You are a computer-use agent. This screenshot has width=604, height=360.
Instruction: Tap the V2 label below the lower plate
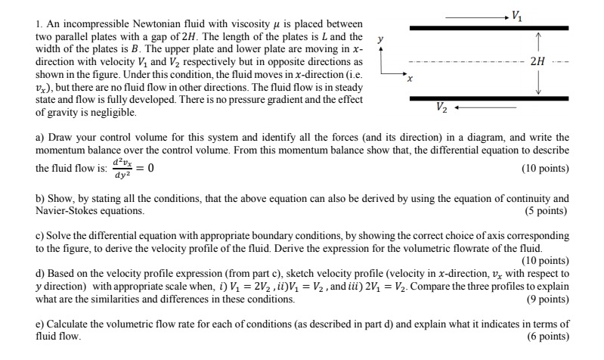click(441, 108)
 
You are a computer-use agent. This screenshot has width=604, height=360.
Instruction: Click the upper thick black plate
click(488, 27)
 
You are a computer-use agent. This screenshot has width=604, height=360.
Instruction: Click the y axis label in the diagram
click(381, 36)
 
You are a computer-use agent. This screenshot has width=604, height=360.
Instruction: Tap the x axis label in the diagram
click(410, 78)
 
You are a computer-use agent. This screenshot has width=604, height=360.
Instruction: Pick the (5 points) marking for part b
click(547, 210)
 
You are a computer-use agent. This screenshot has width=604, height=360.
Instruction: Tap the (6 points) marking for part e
click(547, 335)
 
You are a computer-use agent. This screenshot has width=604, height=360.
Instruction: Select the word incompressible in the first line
click(86, 26)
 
